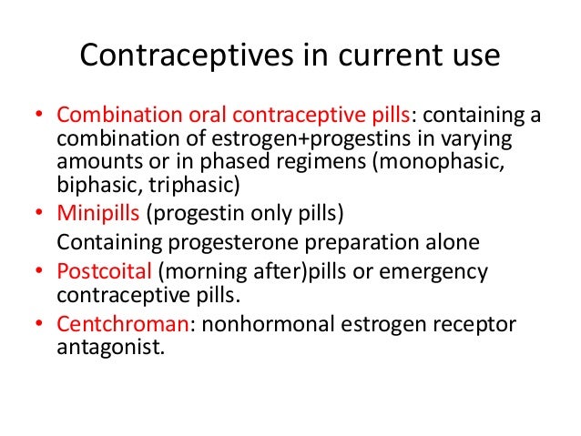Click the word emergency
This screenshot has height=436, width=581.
[438, 272]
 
